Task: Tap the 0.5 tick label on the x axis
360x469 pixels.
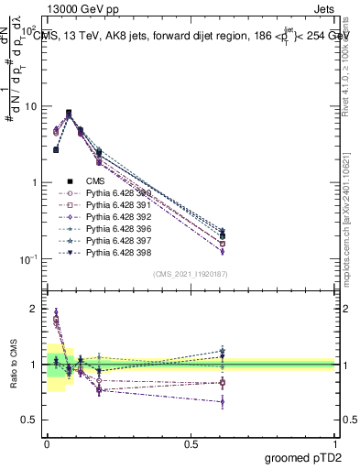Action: tap(191, 442)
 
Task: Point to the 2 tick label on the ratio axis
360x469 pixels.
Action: tap(33, 309)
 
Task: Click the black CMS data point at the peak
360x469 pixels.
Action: tap(69, 113)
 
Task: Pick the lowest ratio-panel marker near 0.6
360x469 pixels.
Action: tap(223, 401)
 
